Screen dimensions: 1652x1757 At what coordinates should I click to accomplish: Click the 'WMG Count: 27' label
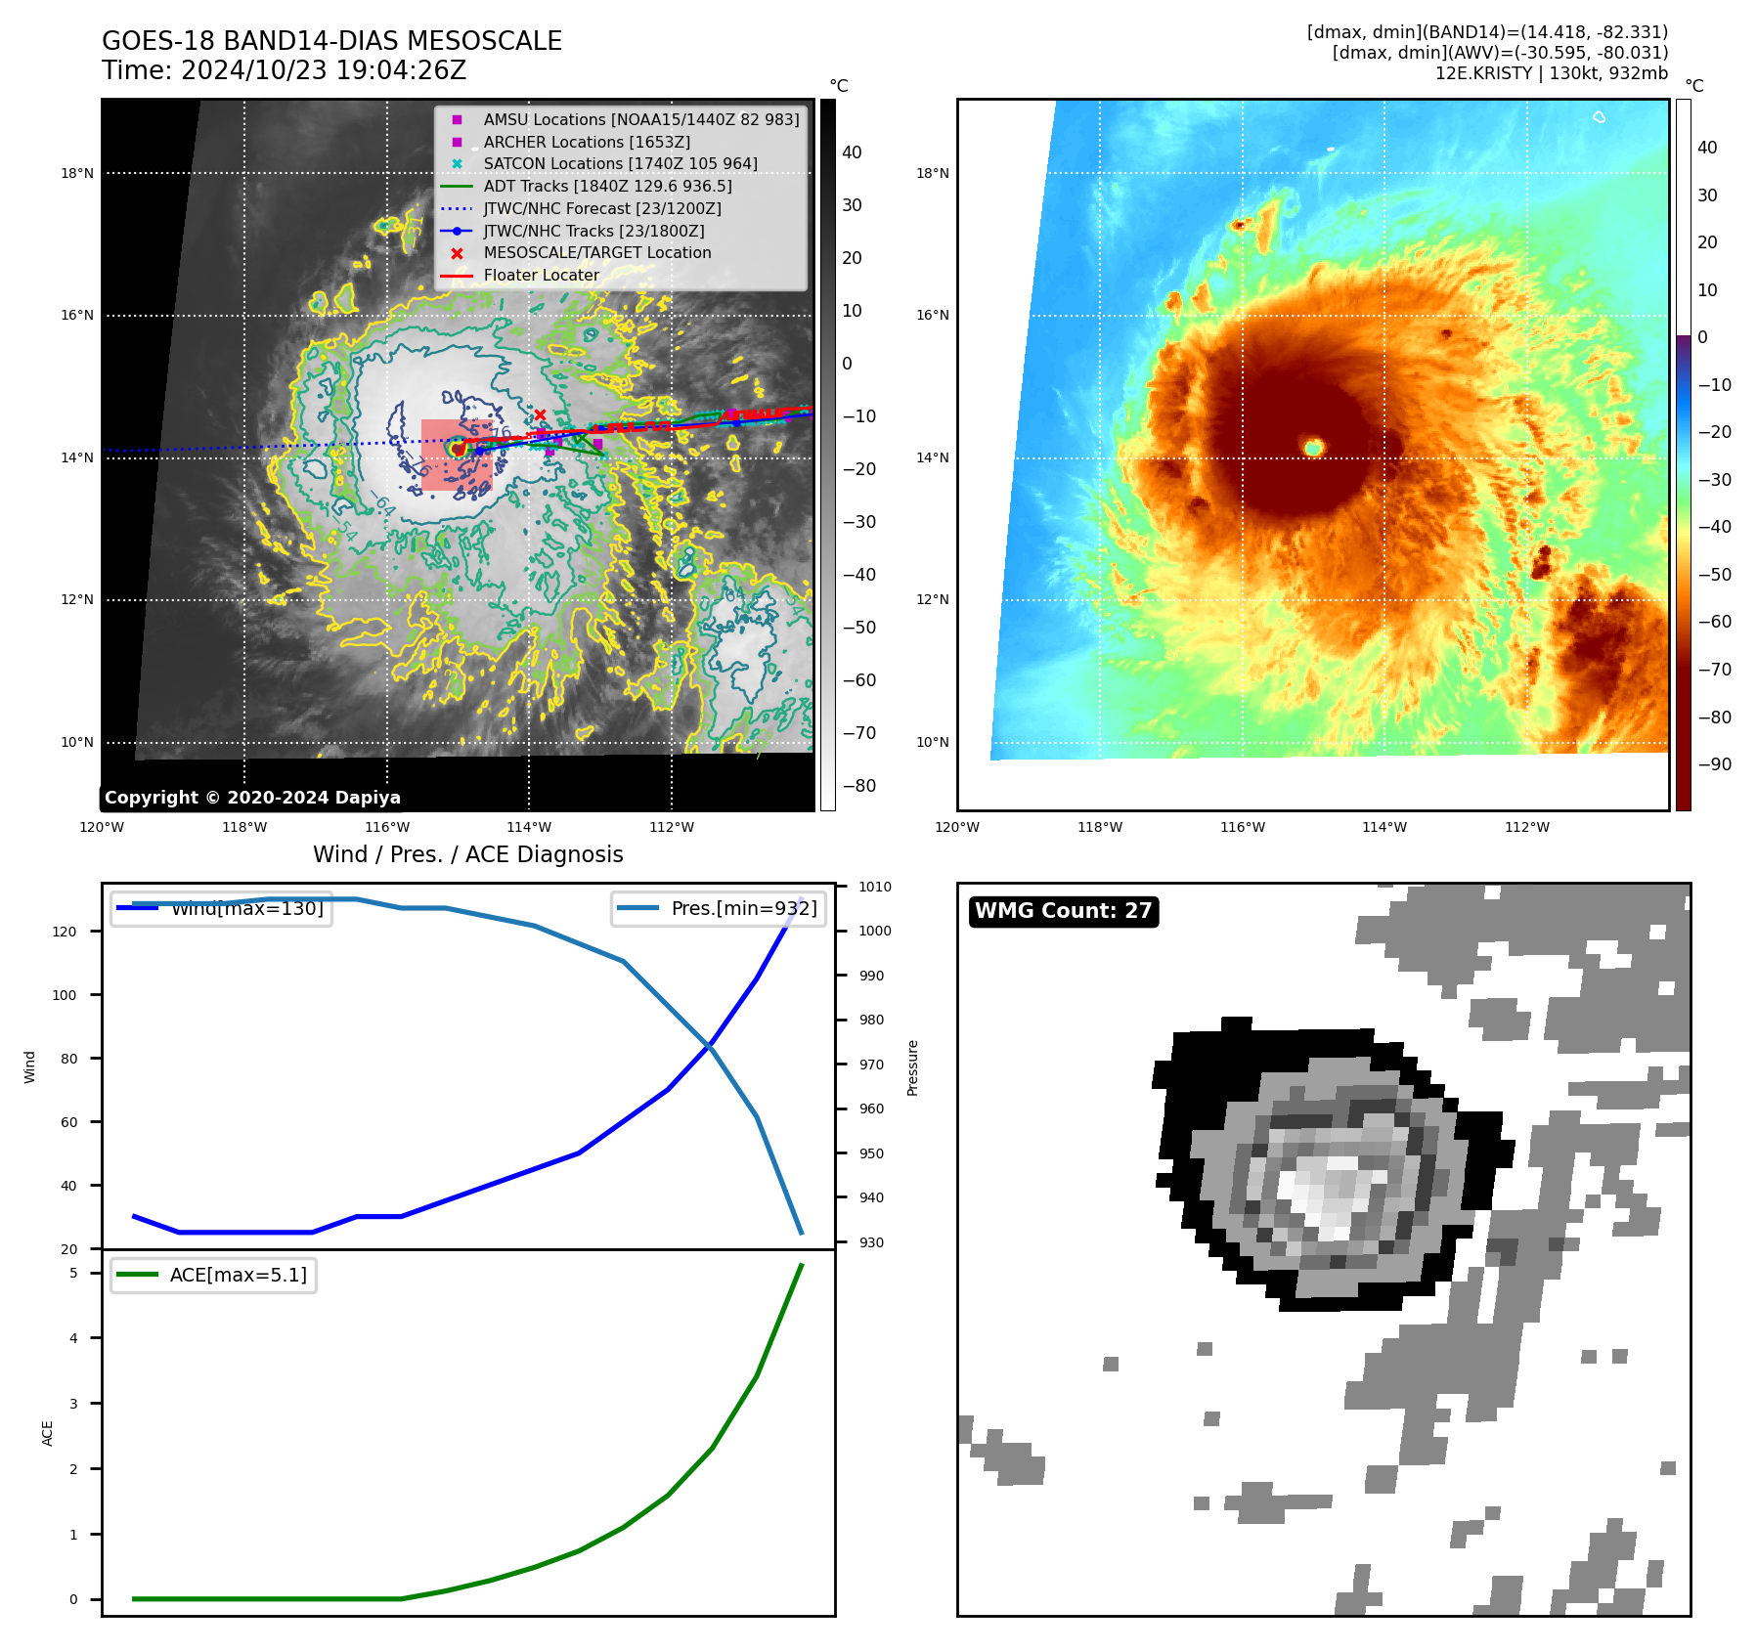point(1063,911)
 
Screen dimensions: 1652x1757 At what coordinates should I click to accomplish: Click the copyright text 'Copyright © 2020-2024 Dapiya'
point(252,798)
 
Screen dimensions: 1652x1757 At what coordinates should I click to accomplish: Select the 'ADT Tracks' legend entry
point(606,186)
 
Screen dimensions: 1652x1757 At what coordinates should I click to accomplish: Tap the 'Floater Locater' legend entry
point(541,275)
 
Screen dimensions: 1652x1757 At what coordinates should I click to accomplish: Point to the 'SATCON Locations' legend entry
point(620,163)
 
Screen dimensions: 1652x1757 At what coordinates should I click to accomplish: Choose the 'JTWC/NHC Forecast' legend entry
point(602,208)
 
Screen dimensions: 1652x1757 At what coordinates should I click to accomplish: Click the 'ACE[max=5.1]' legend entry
point(238,1275)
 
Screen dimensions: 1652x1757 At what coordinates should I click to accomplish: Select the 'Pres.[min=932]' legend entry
point(743,908)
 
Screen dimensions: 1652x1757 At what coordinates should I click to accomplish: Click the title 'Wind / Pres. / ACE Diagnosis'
point(467,854)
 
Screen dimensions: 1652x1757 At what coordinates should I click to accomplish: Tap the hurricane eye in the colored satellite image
point(1313,448)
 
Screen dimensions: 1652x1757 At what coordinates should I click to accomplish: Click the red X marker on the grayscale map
point(540,414)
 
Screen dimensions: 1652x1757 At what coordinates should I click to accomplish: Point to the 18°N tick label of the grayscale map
point(77,174)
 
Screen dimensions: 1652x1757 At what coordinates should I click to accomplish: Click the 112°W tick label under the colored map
point(1526,827)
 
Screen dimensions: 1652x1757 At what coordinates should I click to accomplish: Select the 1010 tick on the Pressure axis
point(875,887)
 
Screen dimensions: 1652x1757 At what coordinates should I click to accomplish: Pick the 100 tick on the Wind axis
point(65,995)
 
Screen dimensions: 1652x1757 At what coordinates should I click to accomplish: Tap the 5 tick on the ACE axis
point(73,1273)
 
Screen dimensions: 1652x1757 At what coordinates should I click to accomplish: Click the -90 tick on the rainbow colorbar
point(1714,764)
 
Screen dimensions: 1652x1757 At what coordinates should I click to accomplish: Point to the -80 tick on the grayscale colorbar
point(859,786)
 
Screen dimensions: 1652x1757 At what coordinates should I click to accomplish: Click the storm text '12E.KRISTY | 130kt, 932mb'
point(1551,73)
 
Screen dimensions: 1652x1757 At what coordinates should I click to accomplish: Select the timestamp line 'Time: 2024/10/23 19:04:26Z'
point(284,70)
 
